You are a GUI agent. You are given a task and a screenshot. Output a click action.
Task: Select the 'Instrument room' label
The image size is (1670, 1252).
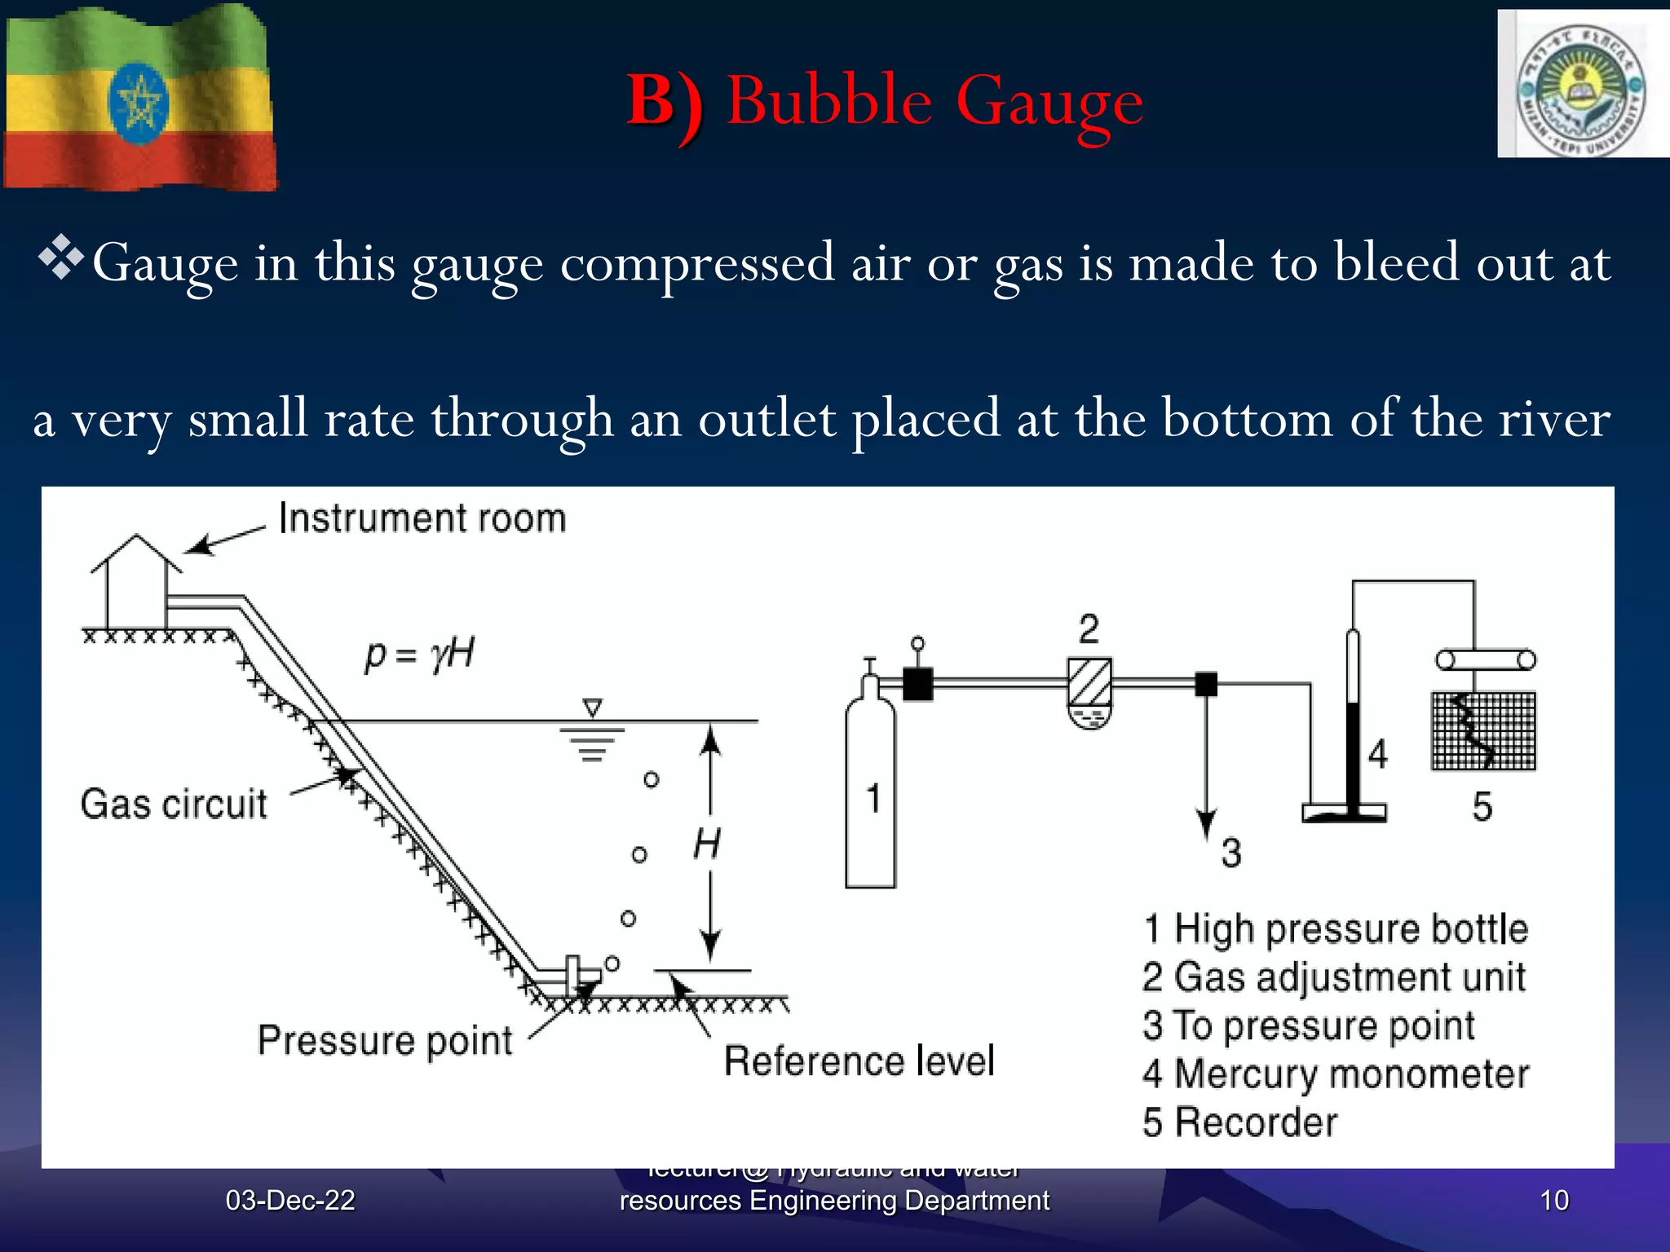(422, 518)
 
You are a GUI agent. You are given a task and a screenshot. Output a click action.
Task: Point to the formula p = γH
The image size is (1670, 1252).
(419, 655)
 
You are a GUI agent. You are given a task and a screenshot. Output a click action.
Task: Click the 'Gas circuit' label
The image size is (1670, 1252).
(174, 804)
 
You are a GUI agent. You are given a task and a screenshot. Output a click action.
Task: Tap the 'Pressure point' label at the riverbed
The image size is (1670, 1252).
(385, 1041)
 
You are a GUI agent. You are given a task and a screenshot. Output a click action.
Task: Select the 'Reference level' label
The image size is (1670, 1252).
(859, 1061)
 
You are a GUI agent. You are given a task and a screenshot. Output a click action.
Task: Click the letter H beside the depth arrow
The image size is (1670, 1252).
(707, 844)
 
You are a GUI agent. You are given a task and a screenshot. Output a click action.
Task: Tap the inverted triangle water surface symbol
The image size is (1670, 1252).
(593, 707)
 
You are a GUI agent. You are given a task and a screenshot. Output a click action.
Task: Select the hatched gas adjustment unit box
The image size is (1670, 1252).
(1089, 681)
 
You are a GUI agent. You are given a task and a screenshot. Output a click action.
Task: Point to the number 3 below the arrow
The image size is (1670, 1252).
(1231, 853)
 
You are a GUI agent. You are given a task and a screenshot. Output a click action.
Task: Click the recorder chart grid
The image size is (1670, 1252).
(1484, 731)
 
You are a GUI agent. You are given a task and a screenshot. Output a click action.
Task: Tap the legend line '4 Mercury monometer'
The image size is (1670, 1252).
(1336, 1074)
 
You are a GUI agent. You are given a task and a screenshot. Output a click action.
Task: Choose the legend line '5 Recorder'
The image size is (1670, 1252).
(1239, 1122)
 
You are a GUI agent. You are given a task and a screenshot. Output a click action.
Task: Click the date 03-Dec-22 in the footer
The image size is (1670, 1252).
(290, 1200)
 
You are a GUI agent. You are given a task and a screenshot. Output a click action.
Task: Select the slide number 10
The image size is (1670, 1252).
(1554, 1200)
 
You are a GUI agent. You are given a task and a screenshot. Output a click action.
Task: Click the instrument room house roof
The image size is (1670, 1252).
(136, 553)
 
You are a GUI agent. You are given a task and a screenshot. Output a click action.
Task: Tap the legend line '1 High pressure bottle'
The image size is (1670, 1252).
(1336, 929)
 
